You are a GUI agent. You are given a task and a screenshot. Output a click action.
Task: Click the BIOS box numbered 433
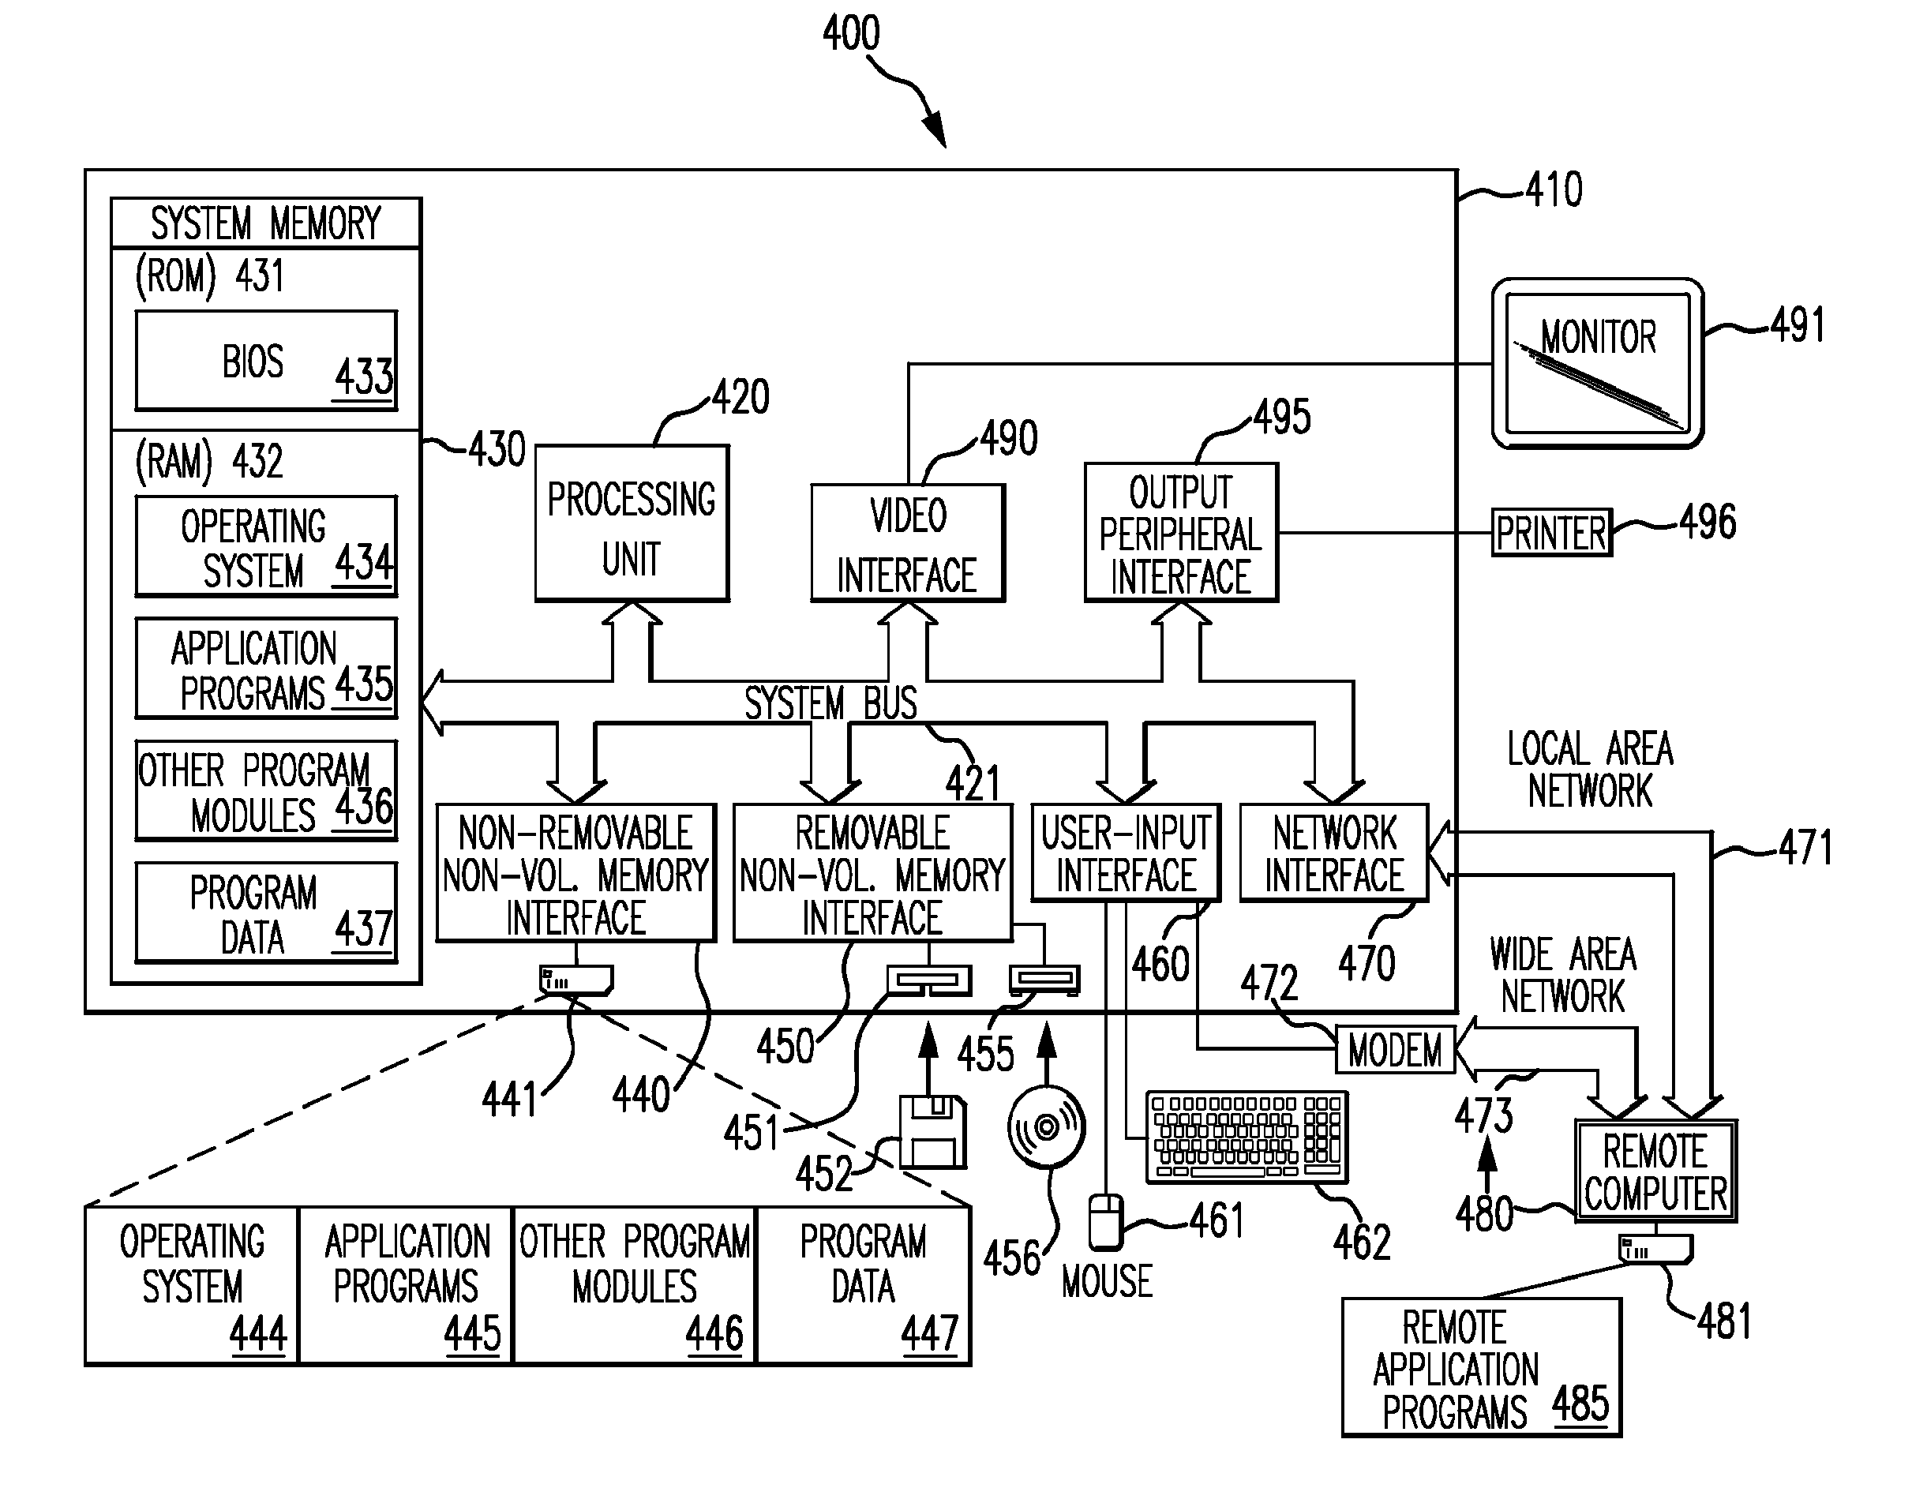[266, 360]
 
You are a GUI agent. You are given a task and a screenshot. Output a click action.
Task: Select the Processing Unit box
[632, 523]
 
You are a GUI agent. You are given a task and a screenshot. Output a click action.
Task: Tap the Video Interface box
[908, 542]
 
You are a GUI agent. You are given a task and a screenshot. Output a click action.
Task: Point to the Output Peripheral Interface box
[1181, 532]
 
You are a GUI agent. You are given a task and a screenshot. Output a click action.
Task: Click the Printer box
[1551, 532]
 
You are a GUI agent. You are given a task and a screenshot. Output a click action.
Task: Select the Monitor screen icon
[1598, 363]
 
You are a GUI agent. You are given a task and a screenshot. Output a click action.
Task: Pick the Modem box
[1396, 1049]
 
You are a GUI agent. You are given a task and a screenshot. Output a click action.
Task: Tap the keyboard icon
[1247, 1137]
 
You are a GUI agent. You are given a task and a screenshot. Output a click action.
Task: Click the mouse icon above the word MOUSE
[1106, 1222]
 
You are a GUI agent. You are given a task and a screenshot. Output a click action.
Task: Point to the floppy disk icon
[933, 1133]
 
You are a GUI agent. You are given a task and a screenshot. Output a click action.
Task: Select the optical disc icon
[1046, 1126]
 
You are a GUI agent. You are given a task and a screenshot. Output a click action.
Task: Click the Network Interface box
[1334, 853]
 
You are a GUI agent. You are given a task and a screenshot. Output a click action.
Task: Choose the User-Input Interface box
[1126, 853]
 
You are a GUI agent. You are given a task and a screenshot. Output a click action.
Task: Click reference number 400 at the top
[851, 33]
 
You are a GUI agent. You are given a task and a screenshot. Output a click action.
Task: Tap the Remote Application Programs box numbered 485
[1481, 1366]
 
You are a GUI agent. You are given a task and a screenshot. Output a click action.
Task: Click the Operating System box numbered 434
[266, 546]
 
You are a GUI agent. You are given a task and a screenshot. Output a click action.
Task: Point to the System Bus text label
[830, 703]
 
